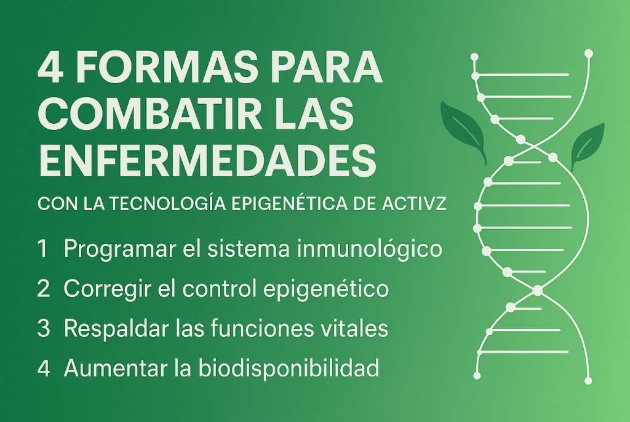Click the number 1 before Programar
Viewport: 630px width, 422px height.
42,250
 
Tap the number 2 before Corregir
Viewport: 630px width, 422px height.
43,289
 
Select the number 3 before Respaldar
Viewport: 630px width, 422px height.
43,328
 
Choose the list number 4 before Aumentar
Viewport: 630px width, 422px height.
44,368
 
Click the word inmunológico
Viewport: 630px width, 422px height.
370,250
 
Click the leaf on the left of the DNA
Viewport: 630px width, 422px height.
464,130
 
